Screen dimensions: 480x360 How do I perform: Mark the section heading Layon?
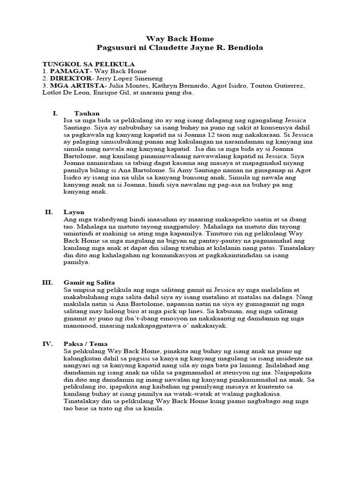click(74, 212)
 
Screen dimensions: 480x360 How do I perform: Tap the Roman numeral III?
click(47, 283)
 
